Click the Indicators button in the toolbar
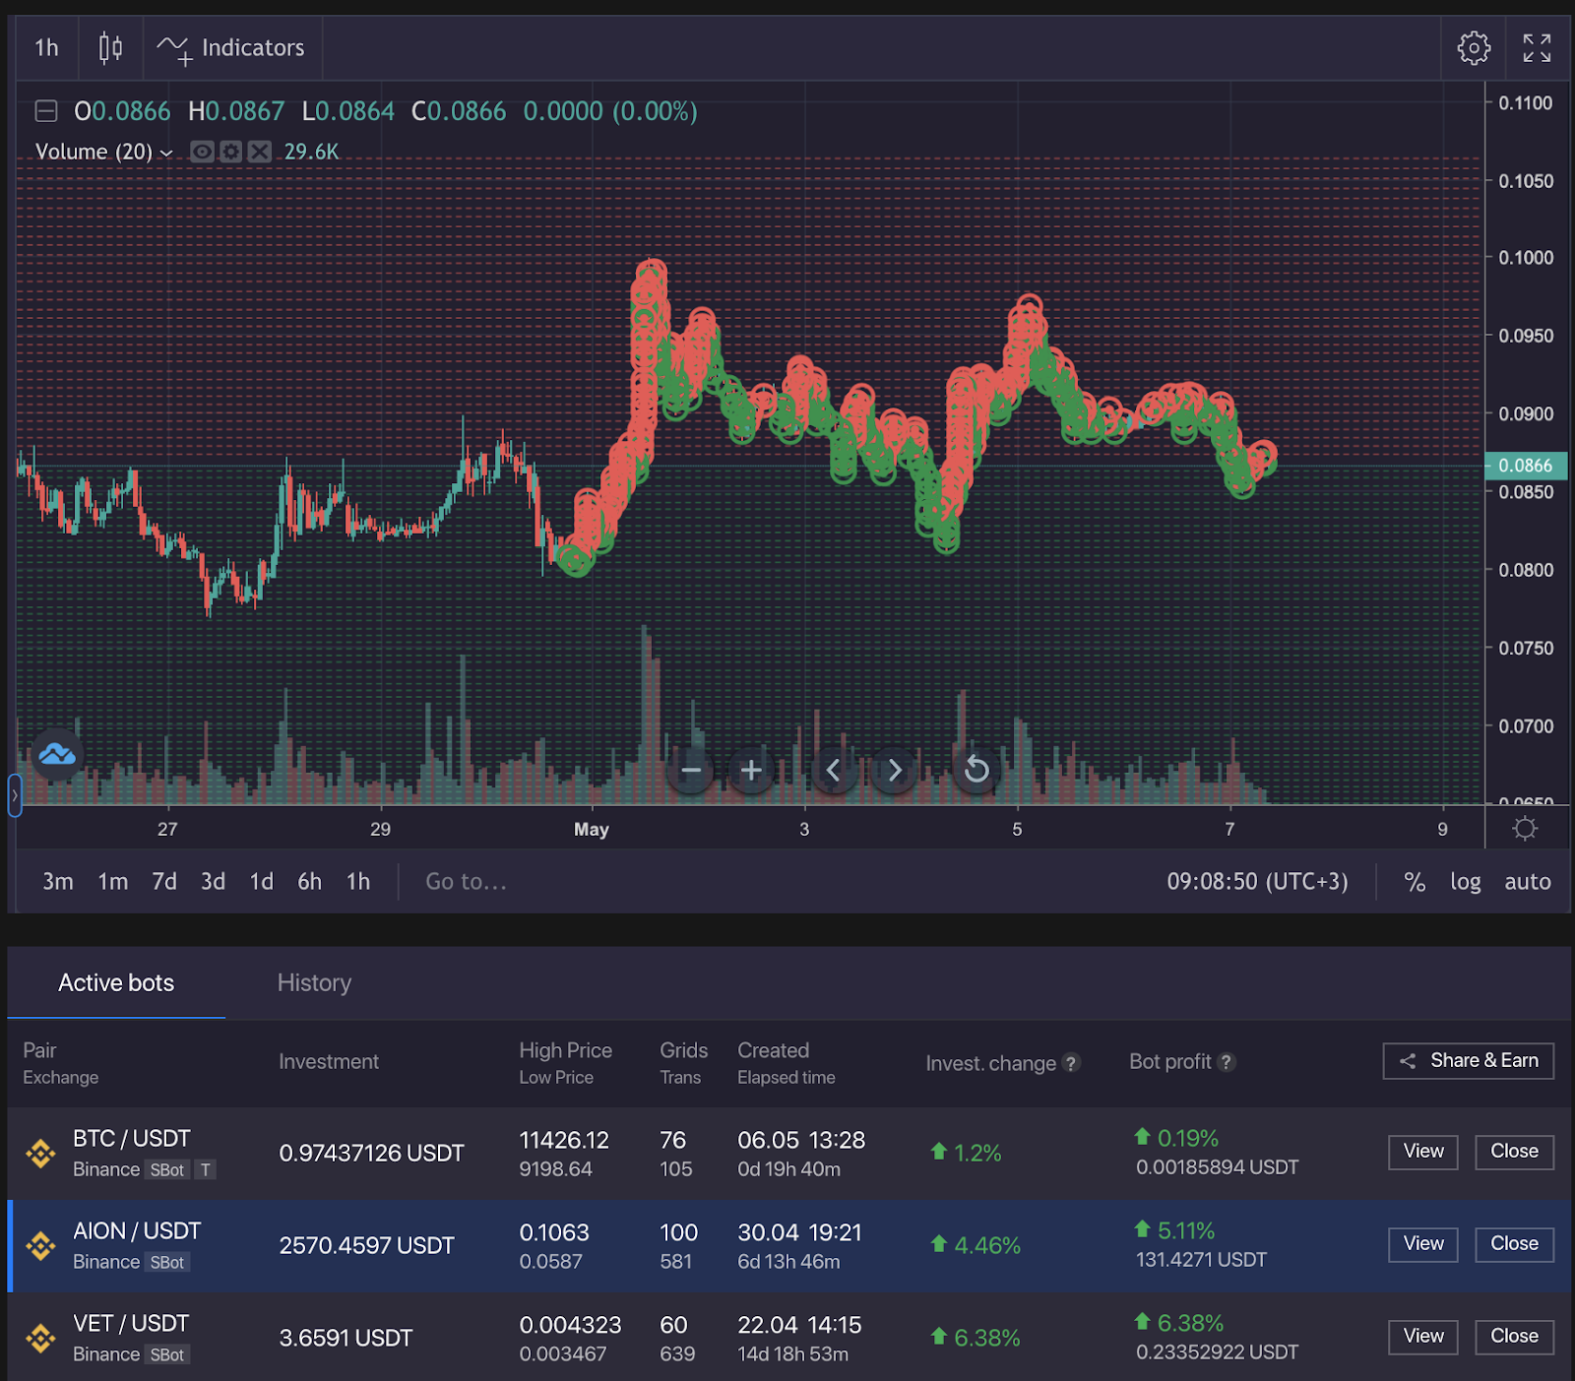point(232,47)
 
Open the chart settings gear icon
point(1473,47)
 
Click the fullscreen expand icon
point(1537,47)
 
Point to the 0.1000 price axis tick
point(1525,258)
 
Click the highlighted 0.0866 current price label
point(1524,466)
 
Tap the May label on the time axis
point(591,829)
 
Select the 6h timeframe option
point(309,881)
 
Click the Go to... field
point(466,881)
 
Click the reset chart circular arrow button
point(976,770)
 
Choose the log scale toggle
point(1465,881)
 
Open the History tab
point(314,982)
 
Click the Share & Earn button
point(1468,1060)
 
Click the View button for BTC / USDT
point(1422,1152)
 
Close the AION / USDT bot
point(1513,1244)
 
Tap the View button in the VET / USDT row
point(1422,1337)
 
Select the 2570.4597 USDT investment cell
point(366,1245)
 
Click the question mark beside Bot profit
point(1226,1062)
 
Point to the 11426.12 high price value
point(564,1140)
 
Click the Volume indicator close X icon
point(259,152)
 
